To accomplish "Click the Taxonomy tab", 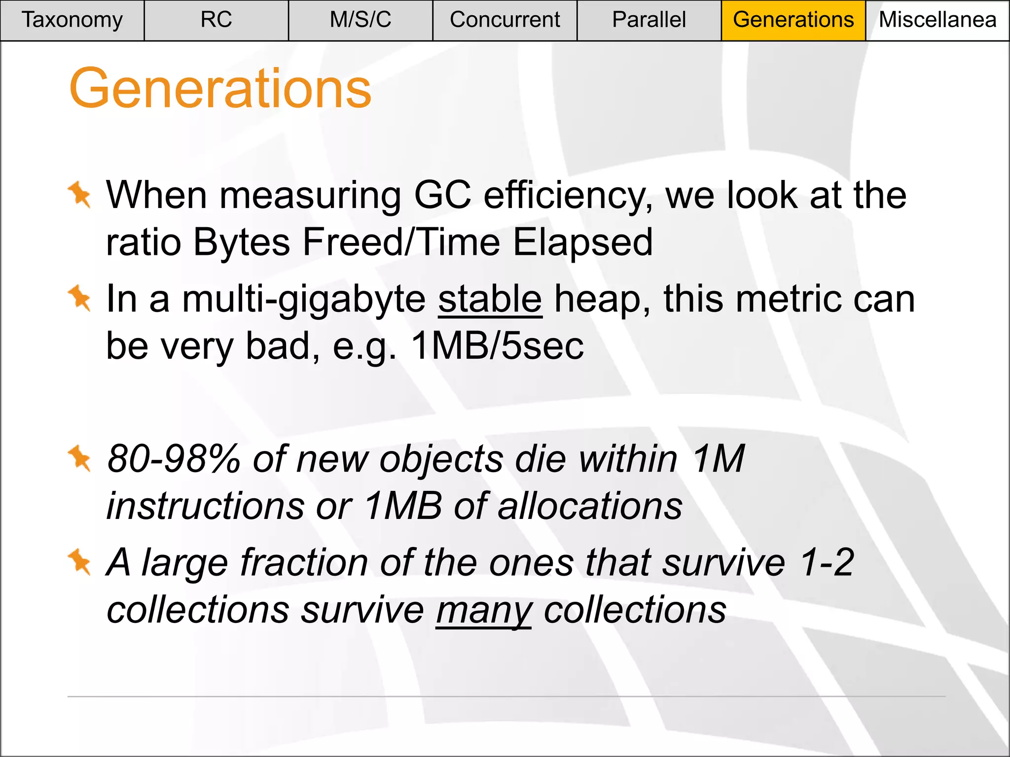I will point(72,20).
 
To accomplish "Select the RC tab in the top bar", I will point(216,20).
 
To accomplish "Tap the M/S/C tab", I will point(360,20).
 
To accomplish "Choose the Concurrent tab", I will point(505,20).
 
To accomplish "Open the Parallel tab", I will point(649,20).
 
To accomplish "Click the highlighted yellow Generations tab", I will point(793,20).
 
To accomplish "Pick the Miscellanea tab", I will point(937,20).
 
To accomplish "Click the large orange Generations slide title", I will point(220,89).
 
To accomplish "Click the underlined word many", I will point(483,610).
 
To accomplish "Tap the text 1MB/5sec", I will point(497,346).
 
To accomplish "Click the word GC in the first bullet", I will point(442,195).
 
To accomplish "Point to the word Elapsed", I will point(582,242).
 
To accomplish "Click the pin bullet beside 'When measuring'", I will point(79,194).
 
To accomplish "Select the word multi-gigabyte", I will point(303,300).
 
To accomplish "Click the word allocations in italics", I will point(590,507).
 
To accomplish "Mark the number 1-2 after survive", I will point(827,562).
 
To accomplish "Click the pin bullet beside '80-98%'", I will point(79,458).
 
